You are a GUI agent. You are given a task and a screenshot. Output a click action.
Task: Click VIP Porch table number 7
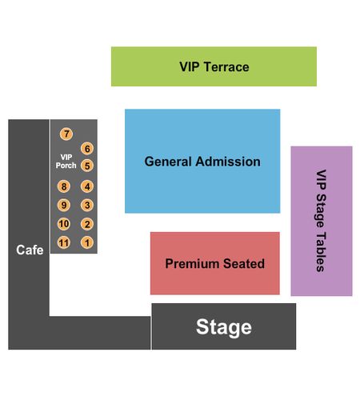66,134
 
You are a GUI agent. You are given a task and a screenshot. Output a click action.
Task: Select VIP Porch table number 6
87,149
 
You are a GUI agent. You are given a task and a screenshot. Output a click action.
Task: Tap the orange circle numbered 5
87,166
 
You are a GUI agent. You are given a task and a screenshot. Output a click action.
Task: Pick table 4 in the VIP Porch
87,186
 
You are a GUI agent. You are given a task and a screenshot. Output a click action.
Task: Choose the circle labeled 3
87,205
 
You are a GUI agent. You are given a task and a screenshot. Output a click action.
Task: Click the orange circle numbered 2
87,224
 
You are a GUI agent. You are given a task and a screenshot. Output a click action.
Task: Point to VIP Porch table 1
87,242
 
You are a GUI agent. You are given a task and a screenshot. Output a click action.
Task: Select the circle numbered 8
64,186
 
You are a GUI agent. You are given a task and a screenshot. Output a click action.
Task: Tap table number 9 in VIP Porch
64,205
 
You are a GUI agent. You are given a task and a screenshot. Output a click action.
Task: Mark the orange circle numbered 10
64,224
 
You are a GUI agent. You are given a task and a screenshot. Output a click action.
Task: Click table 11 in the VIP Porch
64,242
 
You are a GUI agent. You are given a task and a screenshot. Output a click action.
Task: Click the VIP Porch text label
66,162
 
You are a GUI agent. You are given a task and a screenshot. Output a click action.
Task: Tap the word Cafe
30,250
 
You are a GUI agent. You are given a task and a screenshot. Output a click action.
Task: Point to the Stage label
224,327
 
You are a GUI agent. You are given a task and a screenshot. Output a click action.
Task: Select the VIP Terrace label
214,66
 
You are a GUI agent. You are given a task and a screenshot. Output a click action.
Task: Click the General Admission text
202,162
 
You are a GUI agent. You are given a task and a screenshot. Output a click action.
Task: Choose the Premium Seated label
215,263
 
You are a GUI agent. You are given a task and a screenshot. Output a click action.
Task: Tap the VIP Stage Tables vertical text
321,221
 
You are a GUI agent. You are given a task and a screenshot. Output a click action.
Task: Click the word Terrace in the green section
226,66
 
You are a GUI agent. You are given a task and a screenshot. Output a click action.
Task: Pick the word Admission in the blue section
228,162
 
